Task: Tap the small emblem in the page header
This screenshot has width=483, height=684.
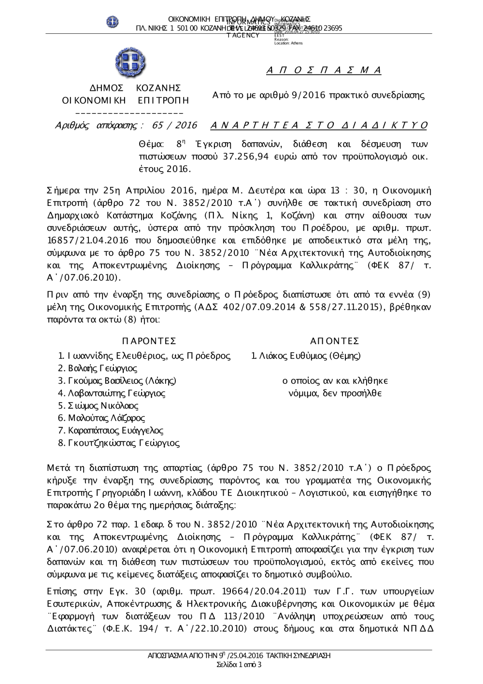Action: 113,22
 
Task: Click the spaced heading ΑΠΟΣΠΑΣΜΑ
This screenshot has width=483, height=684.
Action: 324,71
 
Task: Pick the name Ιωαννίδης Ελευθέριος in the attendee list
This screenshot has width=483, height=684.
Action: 114,356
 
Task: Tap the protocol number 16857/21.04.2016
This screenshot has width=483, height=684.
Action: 86,240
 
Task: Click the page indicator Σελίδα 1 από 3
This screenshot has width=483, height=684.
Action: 240,665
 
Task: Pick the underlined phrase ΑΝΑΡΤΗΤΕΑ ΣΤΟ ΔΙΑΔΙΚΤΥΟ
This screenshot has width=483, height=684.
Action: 319,126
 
